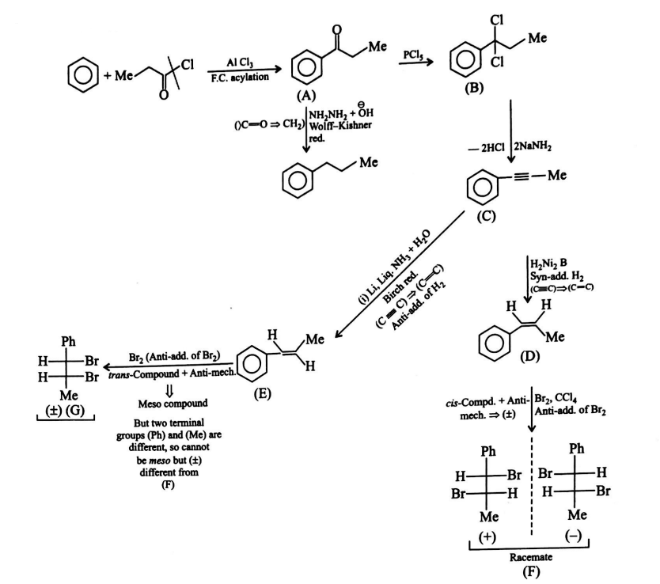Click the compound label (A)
coord(304,93)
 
